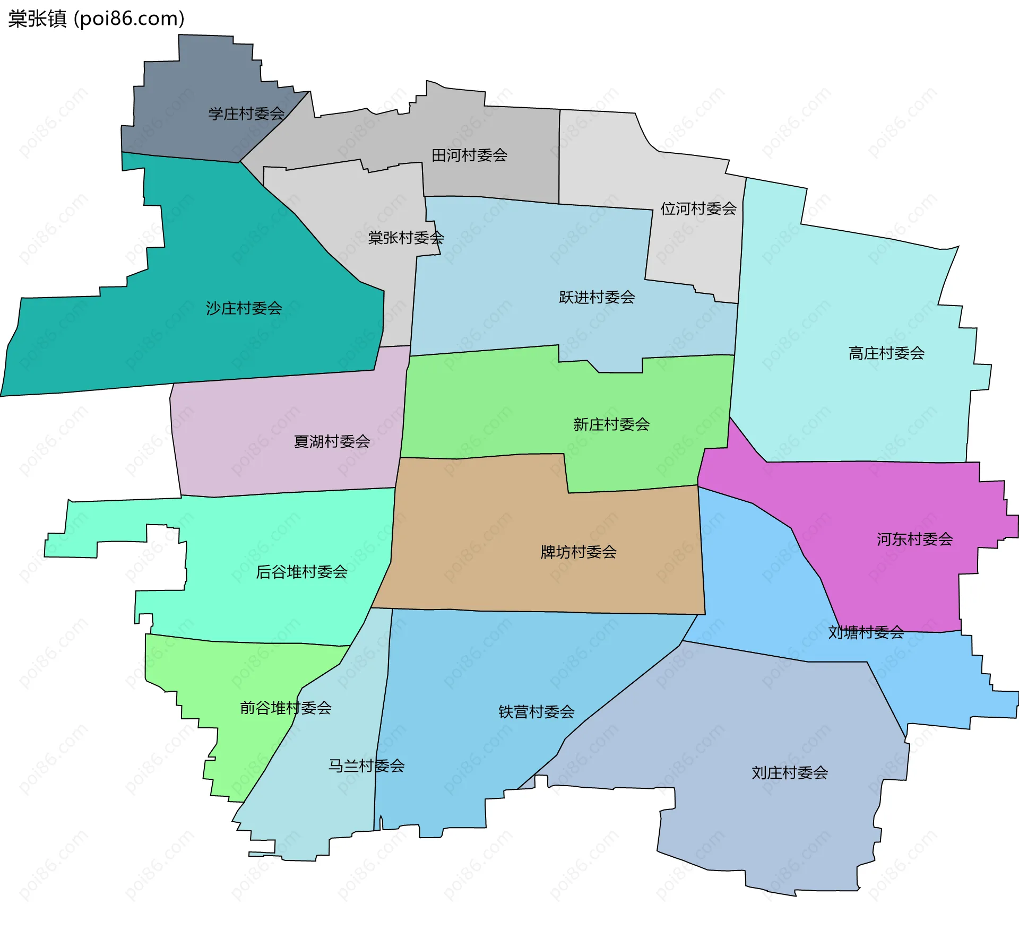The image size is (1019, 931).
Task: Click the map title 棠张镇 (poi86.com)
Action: (x=96, y=19)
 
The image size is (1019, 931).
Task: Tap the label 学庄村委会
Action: (x=246, y=114)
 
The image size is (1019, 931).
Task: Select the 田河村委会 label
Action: (x=469, y=155)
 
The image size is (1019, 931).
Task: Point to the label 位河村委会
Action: (x=698, y=208)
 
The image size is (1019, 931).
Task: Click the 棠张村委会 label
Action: (x=406, y=238)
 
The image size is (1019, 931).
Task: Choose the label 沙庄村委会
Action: (x=244, y=308)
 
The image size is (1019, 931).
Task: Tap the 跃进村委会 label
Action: (x=597, y=297)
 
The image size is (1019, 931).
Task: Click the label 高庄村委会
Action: (x=886, y=353)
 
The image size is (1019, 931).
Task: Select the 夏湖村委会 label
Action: (x=332, y=441)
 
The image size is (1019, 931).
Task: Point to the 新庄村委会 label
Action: (x=611, y=424)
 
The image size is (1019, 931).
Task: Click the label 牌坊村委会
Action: (x=578, y=552)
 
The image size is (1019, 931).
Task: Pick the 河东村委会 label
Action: (x=914, y=540)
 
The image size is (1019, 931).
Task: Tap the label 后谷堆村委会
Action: (x=301, y=572)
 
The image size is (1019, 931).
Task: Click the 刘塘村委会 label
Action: (x=866, y=632)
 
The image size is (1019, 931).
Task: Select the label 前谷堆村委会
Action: (x=286, y=708)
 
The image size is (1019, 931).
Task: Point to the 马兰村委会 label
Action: (x=366, y=766)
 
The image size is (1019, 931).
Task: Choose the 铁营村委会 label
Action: (x=536, y=712)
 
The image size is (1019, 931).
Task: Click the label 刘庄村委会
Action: (x=790, y=773)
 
